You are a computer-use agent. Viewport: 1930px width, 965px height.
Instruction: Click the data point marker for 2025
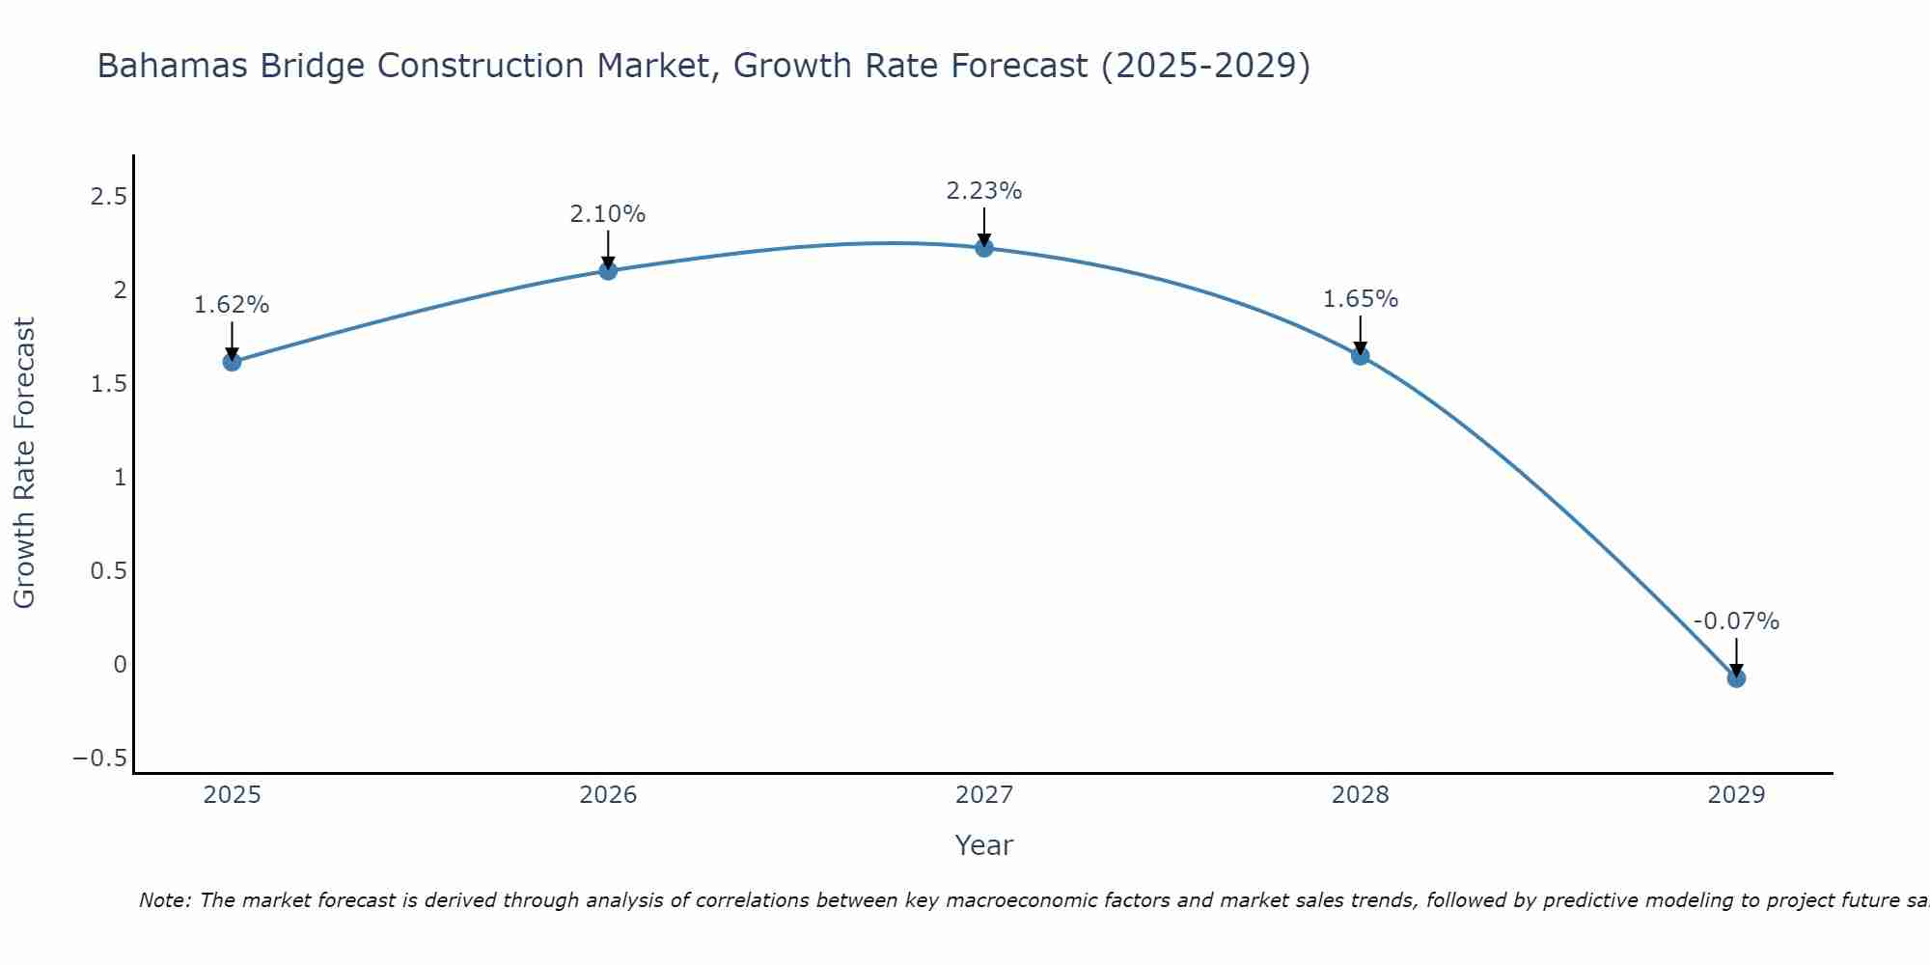pyautogui.click(x=232, y=362)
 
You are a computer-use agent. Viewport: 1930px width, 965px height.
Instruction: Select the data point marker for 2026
pyautogui.click(x=608, y=270)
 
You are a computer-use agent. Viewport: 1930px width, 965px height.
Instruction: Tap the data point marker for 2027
pyautogui.click(x=984, y=248)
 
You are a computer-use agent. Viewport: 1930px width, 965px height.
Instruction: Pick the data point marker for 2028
pyautogui.click(x=1361, y=356)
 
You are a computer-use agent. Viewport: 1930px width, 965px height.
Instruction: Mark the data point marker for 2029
pyautogui.click(x=1736, y=678)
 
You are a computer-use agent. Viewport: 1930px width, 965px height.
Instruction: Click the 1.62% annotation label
pyautogui.click(x=232, y=305)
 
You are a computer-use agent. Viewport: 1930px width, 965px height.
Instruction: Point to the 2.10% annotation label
pyautogui.click(x=608, y=214)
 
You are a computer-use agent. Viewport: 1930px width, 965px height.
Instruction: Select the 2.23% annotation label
pyautogui.click(x=984, y=191)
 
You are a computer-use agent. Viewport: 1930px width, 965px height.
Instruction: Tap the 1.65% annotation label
pyautogui.click(x=1361, y=299)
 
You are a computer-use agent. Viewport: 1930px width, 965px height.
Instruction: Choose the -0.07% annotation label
pyautogui.click(x=1736, y=621)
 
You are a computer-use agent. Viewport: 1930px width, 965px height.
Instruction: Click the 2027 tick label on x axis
pyautogui.click(x=984, y=795)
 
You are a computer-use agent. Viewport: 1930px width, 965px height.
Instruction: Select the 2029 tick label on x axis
pyautogui.click(x=1736, y=795)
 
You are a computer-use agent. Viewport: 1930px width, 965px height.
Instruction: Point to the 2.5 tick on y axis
pyautogui.click(x=108, y=197)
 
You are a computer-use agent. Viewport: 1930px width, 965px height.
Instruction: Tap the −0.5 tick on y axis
pyautogui.click(x=99, y=758)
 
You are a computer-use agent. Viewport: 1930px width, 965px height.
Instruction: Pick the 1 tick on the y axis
pyautogui.click(x=120, y=478)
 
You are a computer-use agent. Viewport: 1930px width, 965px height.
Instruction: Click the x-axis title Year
pyautogui.click(x=983, y=845)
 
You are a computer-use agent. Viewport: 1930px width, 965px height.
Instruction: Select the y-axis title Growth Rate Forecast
pyautogui.click(x=24, y=462)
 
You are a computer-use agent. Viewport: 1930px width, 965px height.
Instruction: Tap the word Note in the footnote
pyautogui.click(x=163, y=900)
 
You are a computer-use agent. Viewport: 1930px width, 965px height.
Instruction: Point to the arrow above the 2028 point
pyautogui.click(x=1361, y=333)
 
